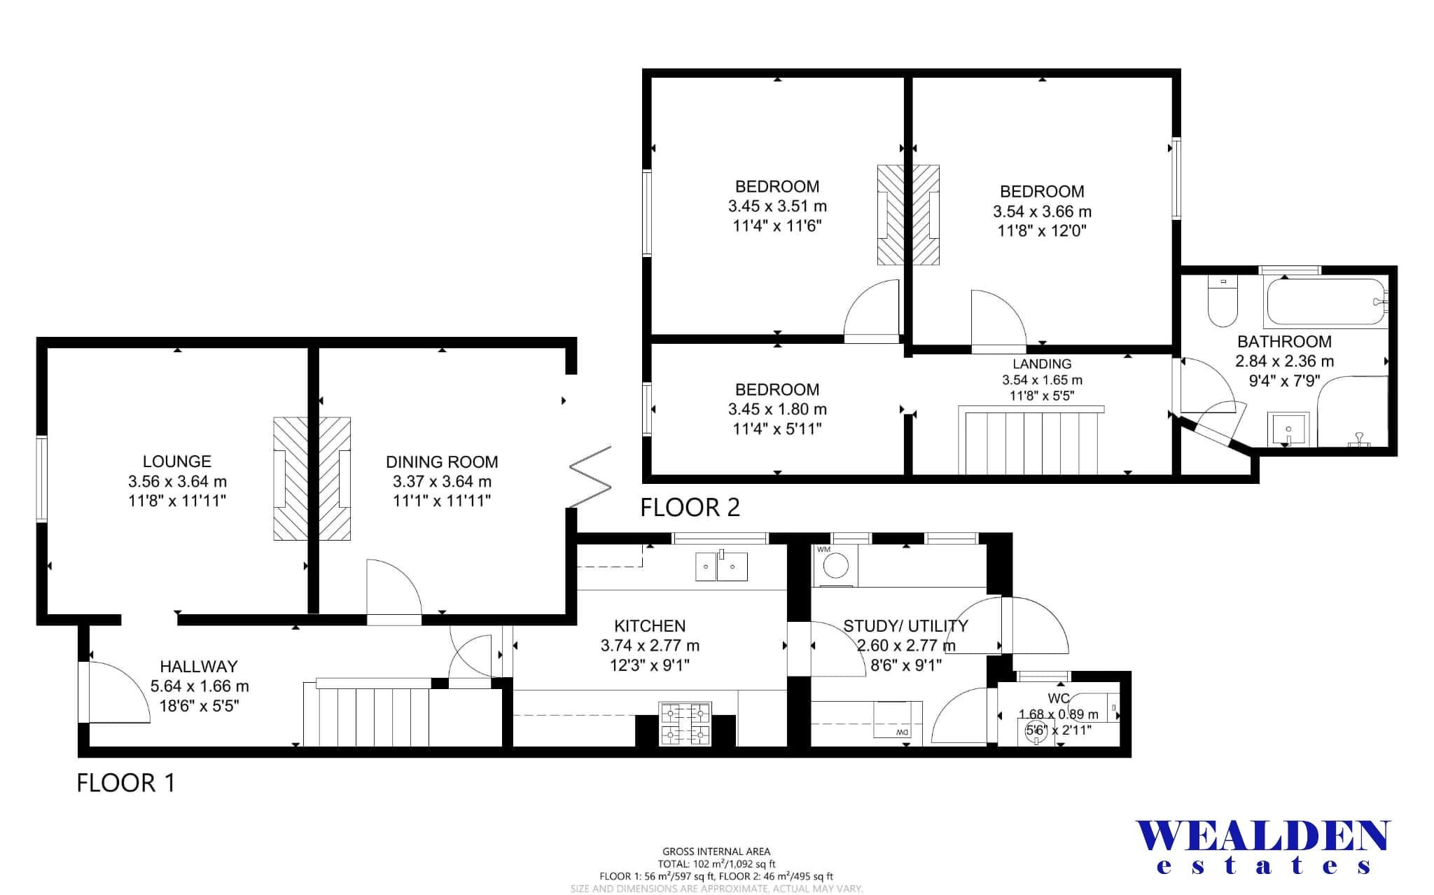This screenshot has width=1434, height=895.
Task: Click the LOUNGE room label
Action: click(176, 462)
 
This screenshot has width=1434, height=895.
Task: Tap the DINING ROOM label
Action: click(442, 462)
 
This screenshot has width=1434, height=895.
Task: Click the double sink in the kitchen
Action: click(721, 567)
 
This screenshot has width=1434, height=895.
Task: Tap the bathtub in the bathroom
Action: click(1325, 303)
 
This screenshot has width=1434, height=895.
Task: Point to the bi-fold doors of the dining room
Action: click(590, 476)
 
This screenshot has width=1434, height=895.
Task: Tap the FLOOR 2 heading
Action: click(690, 507)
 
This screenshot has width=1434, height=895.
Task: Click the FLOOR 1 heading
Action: click(125, 782)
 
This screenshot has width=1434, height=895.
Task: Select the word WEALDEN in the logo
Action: click(1262, 837)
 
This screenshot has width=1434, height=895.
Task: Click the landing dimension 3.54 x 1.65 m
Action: click(1042, 380)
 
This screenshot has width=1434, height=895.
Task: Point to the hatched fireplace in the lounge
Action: click(290, 479)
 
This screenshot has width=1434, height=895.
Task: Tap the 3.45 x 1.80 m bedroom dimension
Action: click(777, 409)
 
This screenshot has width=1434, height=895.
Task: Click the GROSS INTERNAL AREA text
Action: click(716, 852)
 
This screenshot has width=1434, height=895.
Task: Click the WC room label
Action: click(1058, 698)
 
